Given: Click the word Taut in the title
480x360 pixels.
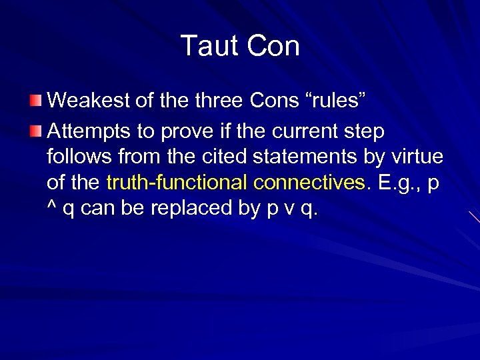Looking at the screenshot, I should pos(209,46).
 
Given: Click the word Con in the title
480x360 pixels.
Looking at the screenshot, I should pos(273,46).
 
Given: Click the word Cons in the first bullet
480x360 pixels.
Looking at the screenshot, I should pos(273,101).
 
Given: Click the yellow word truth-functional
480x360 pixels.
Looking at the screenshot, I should pos(172,182).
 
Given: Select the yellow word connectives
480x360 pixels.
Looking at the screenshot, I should pos(303,182).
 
